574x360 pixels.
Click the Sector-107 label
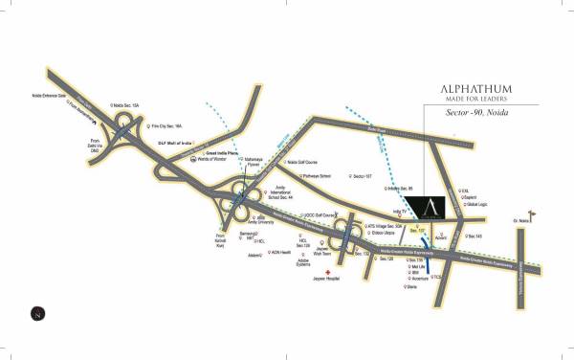pos(362,176)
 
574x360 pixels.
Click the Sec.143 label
pos(475,234)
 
